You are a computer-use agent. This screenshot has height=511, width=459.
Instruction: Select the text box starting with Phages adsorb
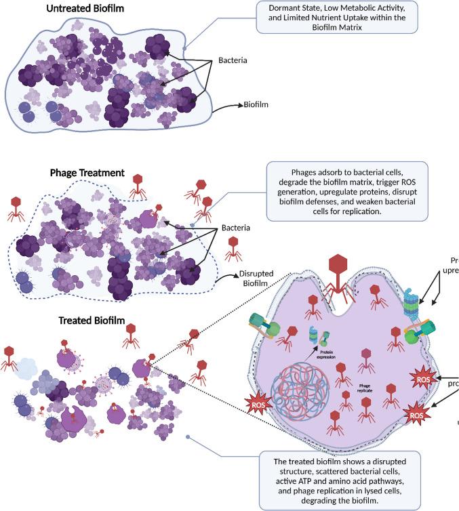coord(347,190)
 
